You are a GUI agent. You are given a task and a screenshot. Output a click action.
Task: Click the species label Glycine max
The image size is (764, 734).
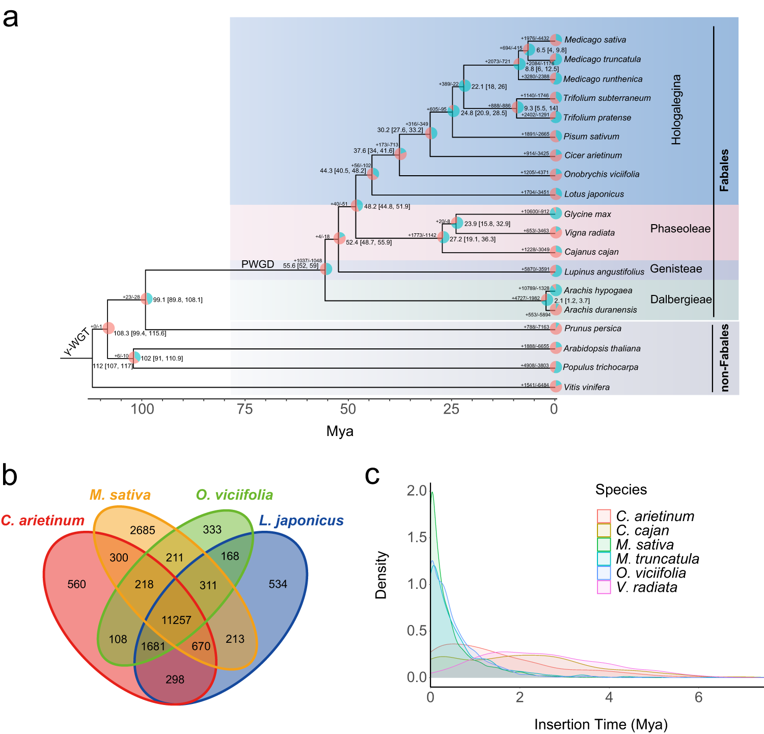[x=587, y=214]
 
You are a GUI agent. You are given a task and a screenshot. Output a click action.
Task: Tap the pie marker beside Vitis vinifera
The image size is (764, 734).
[x=556, y=387]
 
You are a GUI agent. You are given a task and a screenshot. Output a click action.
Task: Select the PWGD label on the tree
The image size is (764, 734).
[x=258, y=264]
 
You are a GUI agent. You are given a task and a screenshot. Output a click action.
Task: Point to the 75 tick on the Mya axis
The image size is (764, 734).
[x=245, y=409]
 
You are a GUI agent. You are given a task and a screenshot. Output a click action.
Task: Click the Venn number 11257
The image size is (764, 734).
[x=176, y=620]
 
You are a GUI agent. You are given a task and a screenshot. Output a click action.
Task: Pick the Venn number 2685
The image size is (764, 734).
[x=143, y=530]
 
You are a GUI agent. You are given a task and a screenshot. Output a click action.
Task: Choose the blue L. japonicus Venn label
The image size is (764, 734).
[x=302, y=521]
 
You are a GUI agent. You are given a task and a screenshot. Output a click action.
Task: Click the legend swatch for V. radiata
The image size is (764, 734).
[x=604, y=587]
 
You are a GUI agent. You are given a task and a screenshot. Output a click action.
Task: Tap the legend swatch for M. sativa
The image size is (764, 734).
[x=604, y=545]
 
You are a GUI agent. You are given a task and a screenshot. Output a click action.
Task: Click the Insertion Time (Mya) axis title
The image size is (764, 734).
[x=601, y=724]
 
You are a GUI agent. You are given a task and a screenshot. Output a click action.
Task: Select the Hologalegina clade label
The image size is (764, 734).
[x=676, y=110]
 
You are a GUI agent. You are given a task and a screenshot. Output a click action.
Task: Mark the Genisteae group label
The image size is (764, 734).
[x=676, y=269]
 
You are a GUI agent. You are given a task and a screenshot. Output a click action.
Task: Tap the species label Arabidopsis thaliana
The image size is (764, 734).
[x=602, y=348]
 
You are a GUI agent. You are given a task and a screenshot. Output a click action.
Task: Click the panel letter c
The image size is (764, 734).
[x=372, y=475]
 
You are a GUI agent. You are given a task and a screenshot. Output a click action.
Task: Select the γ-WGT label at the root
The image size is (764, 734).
[x=76, y=342]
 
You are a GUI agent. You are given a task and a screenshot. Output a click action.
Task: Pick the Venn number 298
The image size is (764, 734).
[x=175, y=679]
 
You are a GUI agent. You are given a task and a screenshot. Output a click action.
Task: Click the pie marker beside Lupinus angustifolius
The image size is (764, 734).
[x=556, y=271]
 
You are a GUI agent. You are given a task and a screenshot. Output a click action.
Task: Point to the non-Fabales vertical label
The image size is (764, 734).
[x=724, y=358]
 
